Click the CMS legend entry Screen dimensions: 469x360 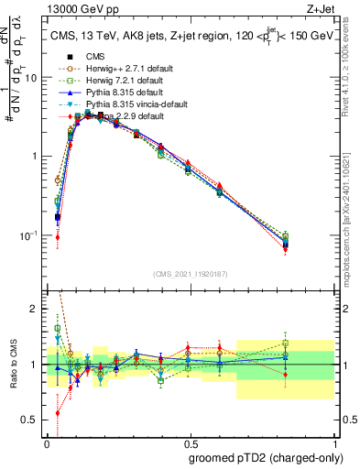[95, 56]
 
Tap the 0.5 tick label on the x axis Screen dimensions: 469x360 [191, 442]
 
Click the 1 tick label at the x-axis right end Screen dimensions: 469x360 [336, 442]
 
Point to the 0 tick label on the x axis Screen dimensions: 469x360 [46, 442]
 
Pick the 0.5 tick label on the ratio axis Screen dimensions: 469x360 [31, 420]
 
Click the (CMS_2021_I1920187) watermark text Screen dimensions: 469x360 [191, 273]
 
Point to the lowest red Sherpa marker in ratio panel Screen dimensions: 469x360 [58, 412]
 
